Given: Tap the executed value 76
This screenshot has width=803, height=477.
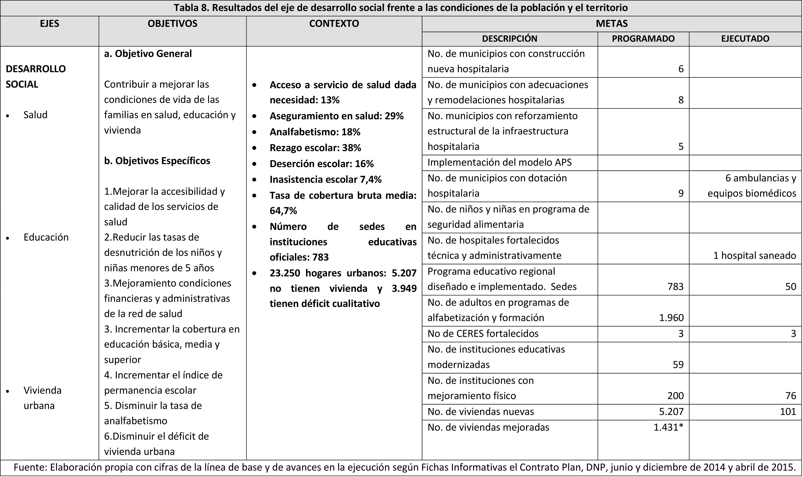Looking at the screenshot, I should point(790,396).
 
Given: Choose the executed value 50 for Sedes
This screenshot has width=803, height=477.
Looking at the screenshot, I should point(790,287).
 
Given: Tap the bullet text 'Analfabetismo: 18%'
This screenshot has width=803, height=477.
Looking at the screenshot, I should point(315,132).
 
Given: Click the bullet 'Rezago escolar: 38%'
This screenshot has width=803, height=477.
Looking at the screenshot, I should point(315,148).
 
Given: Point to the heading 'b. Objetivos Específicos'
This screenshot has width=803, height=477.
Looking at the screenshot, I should point(157,161).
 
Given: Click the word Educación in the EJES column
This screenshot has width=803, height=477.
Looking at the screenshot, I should point(46,237).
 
